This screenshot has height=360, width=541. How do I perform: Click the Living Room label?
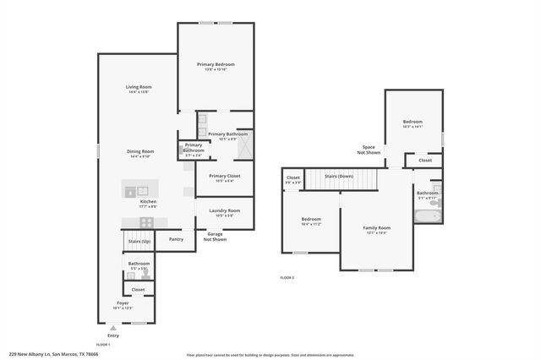(x=139, y=87)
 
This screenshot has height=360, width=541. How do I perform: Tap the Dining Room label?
(x=140, y=151)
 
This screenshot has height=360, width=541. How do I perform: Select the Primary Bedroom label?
(x=216, y=64)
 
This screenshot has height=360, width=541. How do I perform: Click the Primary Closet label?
(x=225, y=176)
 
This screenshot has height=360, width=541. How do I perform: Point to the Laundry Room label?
(x=224, y=210)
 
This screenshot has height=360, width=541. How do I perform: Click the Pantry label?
(x=176, y=239)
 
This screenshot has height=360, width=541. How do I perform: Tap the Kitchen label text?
(x=148, y=202)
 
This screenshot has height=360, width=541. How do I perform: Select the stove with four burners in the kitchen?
(x=146, y=222)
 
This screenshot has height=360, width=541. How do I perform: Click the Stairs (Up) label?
(x=139, y=242)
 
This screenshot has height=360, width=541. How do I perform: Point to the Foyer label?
(x=123, y=303)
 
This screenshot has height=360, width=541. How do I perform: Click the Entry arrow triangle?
(x=113, y=327)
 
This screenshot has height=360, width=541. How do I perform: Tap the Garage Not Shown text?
(x=216, y=237)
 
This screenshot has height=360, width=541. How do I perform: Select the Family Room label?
(x=377, y=228)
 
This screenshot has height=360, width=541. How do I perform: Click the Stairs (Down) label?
(x=339, y=177)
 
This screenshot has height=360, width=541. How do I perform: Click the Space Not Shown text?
(x=369, y=150)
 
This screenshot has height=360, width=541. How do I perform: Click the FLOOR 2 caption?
(x=288, y=277)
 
